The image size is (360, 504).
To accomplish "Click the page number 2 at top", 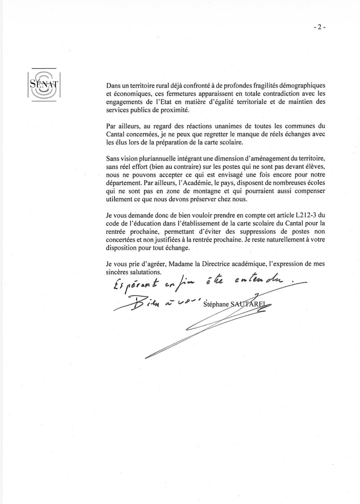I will (319, 27).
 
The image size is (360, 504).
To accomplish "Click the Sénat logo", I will (44, 85).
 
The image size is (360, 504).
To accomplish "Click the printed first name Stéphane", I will (215, 304).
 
